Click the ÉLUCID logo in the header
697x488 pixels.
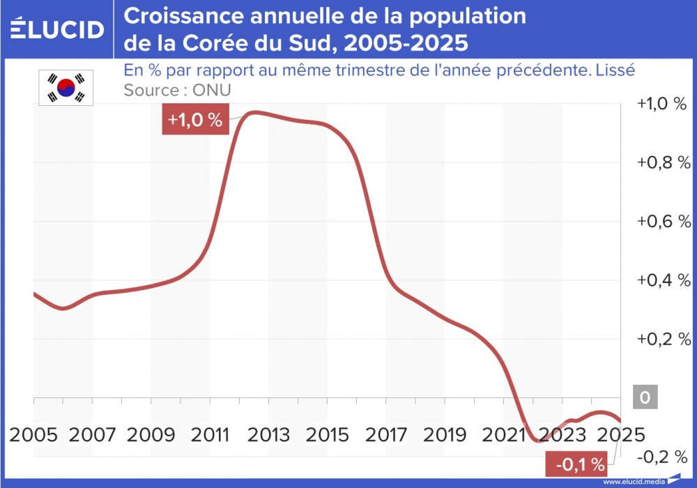tap(58, 29)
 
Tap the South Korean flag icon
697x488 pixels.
tap(66, 88)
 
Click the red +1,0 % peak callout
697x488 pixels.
tap(195, 120)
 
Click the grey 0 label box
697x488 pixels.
tap(645, 398)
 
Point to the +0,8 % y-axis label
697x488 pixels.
tap(663, 162)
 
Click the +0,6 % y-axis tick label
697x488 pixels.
tap(663, 222)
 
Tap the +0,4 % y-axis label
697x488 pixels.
tap(663, 280)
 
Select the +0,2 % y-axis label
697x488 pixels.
tap(663, 340)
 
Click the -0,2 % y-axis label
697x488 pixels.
tap(663, 457)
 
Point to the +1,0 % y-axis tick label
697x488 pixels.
tap(663, 104)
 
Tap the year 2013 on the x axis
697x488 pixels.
tap(270, 434)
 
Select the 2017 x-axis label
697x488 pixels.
tap(387, 434)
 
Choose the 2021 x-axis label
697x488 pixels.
tap(504, 434)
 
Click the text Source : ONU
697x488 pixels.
tap(177, 90)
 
